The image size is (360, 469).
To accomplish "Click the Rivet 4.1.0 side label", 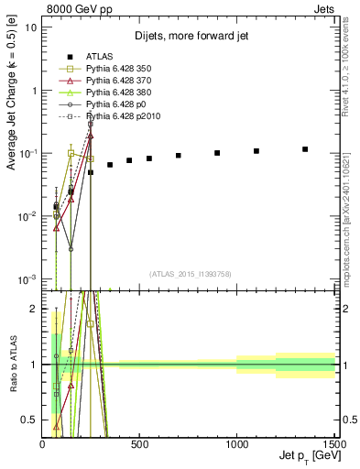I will (346, 73).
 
